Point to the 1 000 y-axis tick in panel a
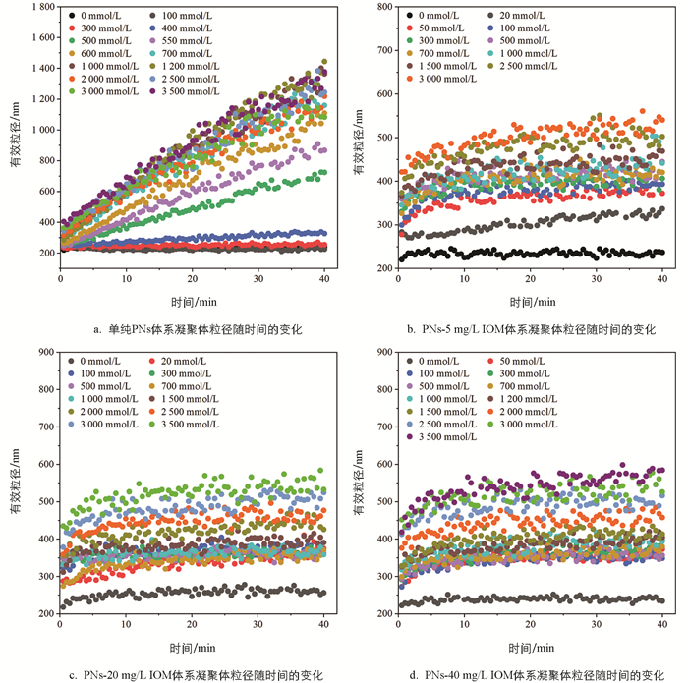38,129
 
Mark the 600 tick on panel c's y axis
41,464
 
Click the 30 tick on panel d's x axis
597,627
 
